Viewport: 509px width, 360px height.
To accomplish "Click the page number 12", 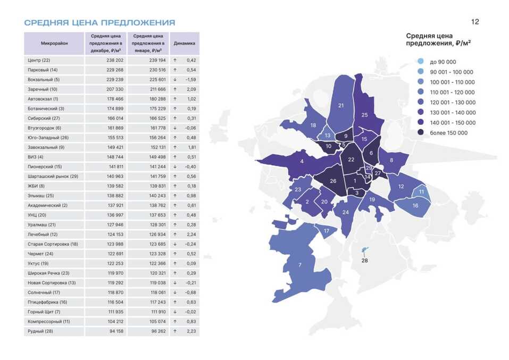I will [x=475, y=22].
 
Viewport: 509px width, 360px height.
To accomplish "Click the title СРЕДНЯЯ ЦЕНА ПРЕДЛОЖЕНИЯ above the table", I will [x=99, y=23].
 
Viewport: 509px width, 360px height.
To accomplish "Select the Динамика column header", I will [x=185, y=43].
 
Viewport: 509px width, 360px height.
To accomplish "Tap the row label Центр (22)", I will [x=39, y=60].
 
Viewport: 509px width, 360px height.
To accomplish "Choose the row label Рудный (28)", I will [x=40, y=331].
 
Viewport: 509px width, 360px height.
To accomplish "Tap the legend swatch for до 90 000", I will [x=420, y=62].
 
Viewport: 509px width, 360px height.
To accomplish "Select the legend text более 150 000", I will [x=448, y=132].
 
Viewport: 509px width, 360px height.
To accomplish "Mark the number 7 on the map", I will [x=299, y=265].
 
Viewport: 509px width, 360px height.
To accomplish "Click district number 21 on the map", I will [x=341, y=105].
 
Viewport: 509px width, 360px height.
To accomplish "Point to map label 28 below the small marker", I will [x=364, y=261].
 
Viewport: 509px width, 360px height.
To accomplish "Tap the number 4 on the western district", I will [x=302, y=161].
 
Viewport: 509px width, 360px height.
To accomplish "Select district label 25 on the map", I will [x=364, y=115].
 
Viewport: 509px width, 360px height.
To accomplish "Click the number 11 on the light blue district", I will [x=421, y=191].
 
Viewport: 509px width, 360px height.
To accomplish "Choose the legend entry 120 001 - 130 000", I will [x=452, y=102].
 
